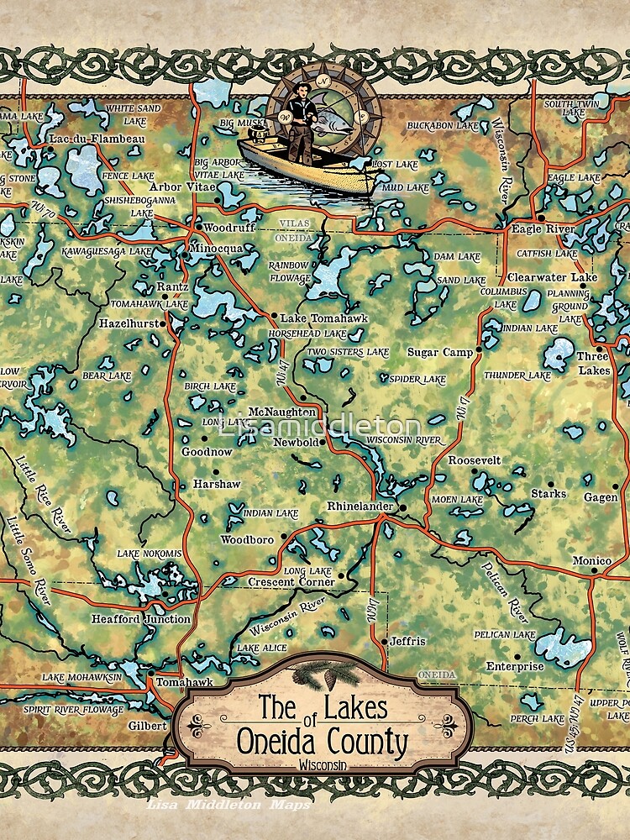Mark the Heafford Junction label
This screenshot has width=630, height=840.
(140, 619)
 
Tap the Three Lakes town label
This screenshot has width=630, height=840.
(592, 363)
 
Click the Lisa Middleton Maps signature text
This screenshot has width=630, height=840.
(228, 805)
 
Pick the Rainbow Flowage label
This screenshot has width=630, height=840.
(288, 272)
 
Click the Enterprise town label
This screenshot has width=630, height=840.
(515, 666)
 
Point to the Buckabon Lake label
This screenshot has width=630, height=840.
(442, 126)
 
